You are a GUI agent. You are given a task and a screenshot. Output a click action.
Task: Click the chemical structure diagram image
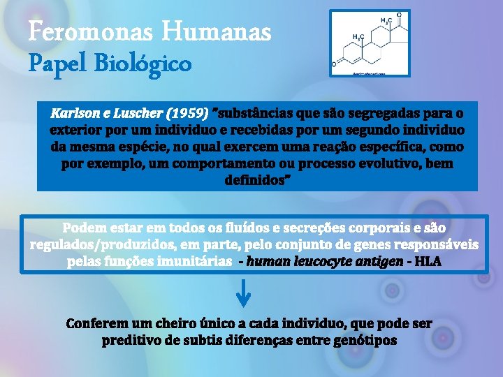[x=370, y=43]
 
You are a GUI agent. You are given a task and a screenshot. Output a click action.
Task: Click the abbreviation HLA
[x=428, y=262]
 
